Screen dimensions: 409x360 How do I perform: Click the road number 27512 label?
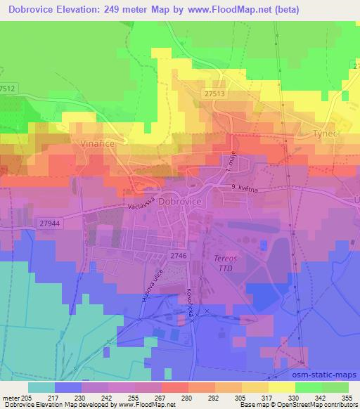(x=8, y=88)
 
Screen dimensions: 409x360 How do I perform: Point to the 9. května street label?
(x=243, y=188)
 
